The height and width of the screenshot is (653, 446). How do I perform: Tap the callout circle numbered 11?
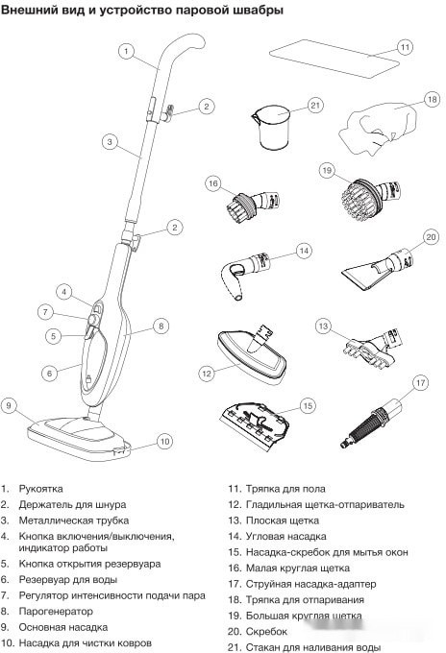(x=405, y=47)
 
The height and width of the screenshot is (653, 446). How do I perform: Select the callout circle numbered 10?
(x=164, y=442)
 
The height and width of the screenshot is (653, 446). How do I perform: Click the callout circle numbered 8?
(x=161, y=326)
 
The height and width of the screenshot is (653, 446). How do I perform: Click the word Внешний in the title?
(x=33, y=12)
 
